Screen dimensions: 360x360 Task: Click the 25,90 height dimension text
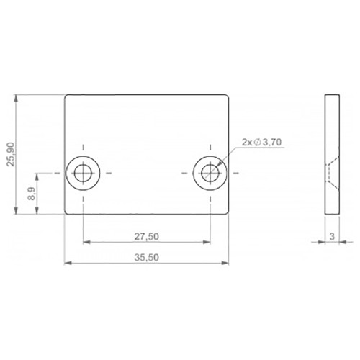point(10,154)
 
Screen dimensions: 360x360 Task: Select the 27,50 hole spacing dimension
point(147,235)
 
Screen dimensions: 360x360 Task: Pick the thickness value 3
point(331,235)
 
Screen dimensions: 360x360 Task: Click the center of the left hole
point(84,173)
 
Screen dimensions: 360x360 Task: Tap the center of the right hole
point(210,173)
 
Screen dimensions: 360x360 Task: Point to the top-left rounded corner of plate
point(67,97)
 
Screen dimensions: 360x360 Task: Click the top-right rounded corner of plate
point(228,97)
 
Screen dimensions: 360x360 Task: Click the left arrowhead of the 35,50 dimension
point(68,263)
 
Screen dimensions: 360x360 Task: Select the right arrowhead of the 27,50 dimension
point(207,241)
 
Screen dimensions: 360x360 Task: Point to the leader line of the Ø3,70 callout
point(230,155)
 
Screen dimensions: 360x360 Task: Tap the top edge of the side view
point(331,95)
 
